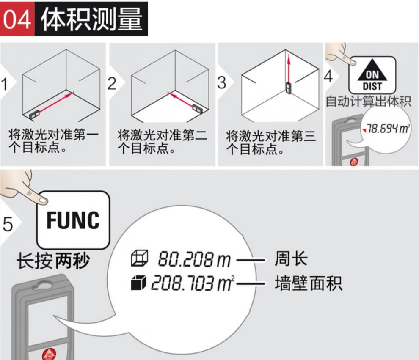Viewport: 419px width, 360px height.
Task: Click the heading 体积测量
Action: (x=91, y=19)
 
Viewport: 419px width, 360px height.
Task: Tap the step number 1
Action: (x=4, y=84)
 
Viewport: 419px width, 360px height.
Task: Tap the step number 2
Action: (x=112, y=83)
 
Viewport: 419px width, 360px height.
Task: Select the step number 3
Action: (x=221, y=82)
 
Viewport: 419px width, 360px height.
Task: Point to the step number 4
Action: (x=328, y=77)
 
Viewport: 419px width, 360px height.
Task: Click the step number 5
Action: (x=8, y=223)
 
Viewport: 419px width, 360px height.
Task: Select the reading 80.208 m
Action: (x=194, y=259)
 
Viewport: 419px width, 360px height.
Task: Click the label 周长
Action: (x=291, y=258)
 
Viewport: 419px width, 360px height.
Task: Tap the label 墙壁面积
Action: (x=309, y=283)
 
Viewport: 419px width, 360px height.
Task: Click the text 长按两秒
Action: (x=53, y=261)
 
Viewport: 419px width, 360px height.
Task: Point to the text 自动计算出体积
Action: (x=368, y=102)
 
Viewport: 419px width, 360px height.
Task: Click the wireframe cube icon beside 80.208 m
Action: (x=139, y=258)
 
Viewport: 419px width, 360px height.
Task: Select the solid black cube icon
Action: (x=138, y=283)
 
